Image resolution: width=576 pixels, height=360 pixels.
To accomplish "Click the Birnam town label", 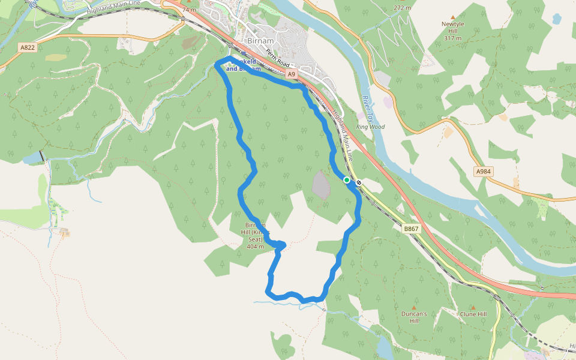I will click(x=261, y=41).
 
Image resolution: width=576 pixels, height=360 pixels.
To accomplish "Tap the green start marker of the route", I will click(x=347, y=180).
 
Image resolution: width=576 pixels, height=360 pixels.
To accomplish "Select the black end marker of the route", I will click(x=359, y=182).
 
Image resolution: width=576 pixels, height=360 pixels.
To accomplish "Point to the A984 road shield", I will click(x=483, y=172).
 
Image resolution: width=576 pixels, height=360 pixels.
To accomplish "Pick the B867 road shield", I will click(x=411, y=229).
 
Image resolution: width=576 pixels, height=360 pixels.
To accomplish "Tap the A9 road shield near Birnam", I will click(x=292, y=74).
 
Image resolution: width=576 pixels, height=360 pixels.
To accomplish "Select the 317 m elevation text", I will click(x=453, y=38).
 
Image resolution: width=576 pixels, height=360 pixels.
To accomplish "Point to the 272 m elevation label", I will click(x=403, y=8).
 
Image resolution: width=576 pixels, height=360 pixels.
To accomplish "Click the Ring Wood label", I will click(x=370, y=127).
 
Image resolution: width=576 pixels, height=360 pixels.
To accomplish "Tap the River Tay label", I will click(x=368, y=105).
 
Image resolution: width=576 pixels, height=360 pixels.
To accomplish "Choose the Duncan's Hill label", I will click(x=414, y=317).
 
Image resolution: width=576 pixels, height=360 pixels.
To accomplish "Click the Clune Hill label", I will click(x=473, y=314).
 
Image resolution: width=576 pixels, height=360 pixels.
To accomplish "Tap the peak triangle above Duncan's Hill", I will click(x=414, y=306).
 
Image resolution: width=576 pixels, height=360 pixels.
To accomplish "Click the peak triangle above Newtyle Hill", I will click(x=453, y=17).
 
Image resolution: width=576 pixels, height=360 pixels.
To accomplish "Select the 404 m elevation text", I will click(x=256, y=247).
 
